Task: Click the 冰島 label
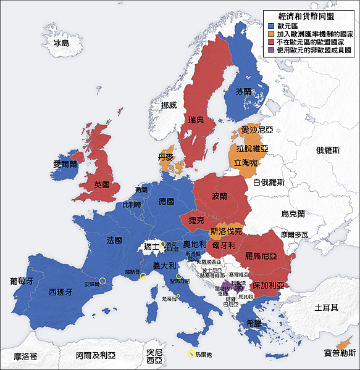[x=62, y=43]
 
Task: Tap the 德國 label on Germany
[x=166, y=202]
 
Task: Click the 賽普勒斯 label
[x=340, y=353]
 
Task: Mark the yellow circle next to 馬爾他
[x=189, y=354]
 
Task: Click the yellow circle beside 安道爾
[x=103, y=281]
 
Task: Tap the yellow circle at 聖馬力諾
[x=179, y=276]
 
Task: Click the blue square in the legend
[x=270, y=26]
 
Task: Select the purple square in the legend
[x=270, y=51]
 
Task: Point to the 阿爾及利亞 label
[x=96, y=356]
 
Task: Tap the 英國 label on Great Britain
[x=102, y=184]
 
